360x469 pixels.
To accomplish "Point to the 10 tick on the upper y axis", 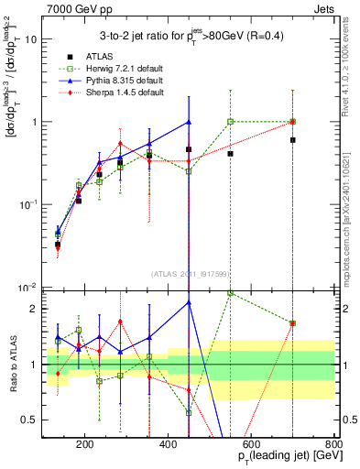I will click(x=31, y=39).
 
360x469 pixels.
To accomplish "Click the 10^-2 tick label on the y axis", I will click(x=28, y=287).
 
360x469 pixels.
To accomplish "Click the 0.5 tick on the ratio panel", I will click(x=29, y=420).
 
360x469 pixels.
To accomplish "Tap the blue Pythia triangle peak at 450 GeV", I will click(x=189, y=121).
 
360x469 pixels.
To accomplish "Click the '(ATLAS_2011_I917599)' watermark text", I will click(x=189, y=273).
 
